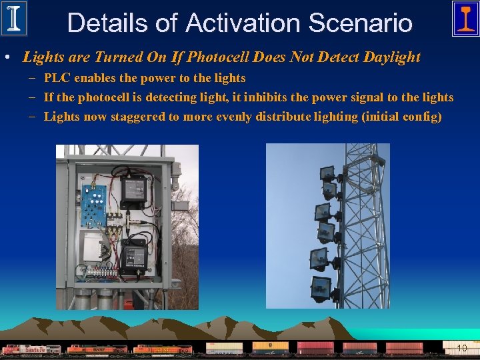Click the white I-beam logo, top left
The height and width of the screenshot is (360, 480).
pyautogui.click(x=14, y=19)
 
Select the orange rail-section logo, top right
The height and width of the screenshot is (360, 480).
pyautogui.click(x=465, y=19)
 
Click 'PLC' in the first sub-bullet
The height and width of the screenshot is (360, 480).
pyautogui.click(x=56, y=78)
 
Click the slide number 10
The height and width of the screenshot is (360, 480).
pyautogui.click(x=461, y=348)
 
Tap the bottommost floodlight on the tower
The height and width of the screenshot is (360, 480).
pyautogui.click(x=321, y=289)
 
